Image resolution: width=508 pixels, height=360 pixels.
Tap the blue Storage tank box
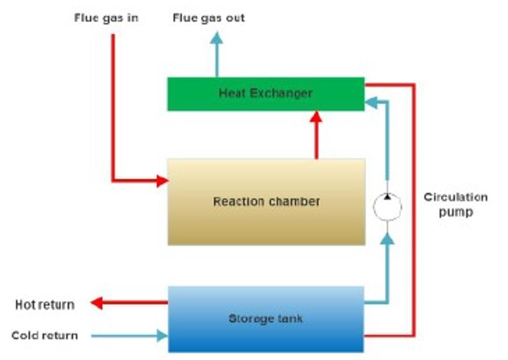tap(265, 319)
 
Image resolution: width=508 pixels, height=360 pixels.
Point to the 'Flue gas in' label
tap(107, 17)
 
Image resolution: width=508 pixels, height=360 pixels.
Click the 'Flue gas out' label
tap(209, 17)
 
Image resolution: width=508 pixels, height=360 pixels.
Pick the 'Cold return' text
tap(45, 336)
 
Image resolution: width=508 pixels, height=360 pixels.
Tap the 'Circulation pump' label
tap(456, 205)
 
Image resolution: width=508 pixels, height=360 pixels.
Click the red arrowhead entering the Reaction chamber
tap(162, 181)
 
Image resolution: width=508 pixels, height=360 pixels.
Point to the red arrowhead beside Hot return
tap(98, 303)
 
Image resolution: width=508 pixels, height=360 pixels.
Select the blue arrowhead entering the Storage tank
tap(162, 336)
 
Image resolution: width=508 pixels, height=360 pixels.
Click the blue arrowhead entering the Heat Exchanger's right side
tap(371, 102)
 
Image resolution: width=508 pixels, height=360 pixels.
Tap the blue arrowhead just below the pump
tap(387, 238)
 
